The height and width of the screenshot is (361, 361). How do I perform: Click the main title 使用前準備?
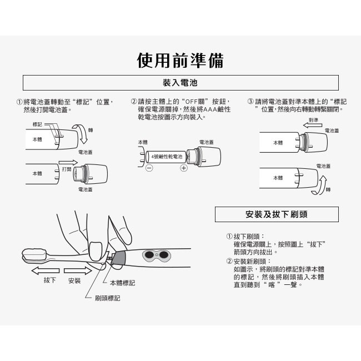[x=180, y=61]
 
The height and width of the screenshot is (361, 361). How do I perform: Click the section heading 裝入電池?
[x=180, y=83]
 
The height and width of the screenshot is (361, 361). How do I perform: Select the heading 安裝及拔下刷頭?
[x=277, y=214]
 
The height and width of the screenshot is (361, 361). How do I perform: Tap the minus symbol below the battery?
[x=149, y=168]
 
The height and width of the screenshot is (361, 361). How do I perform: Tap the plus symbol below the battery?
[x=183, y=168]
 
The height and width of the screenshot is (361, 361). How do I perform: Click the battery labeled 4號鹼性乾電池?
[x=166, y=157]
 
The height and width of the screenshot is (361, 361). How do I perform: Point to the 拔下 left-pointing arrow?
[x=46, y=271]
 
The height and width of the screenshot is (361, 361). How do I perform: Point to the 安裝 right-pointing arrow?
[x=78, y=271]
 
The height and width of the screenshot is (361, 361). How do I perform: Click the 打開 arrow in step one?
[x=68, y=163]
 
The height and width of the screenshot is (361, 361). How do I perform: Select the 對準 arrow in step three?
[x=313, y=126]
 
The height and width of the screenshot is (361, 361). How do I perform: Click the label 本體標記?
[x=123, y=283]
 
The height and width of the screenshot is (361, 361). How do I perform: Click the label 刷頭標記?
[x=108, y=298]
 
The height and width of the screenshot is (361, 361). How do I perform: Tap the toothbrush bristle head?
[x=34, y=255]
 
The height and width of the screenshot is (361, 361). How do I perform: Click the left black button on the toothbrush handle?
[x=149, y=254]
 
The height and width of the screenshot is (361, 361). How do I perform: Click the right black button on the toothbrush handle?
[x=163, y=254]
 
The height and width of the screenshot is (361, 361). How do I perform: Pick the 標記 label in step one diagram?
[x=37, y=124]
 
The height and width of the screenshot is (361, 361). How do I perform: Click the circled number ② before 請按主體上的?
[x=134, y=102]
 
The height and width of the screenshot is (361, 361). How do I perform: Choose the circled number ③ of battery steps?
[x=250, y=102]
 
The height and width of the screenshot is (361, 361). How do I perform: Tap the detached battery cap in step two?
[x=203, y=157]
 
